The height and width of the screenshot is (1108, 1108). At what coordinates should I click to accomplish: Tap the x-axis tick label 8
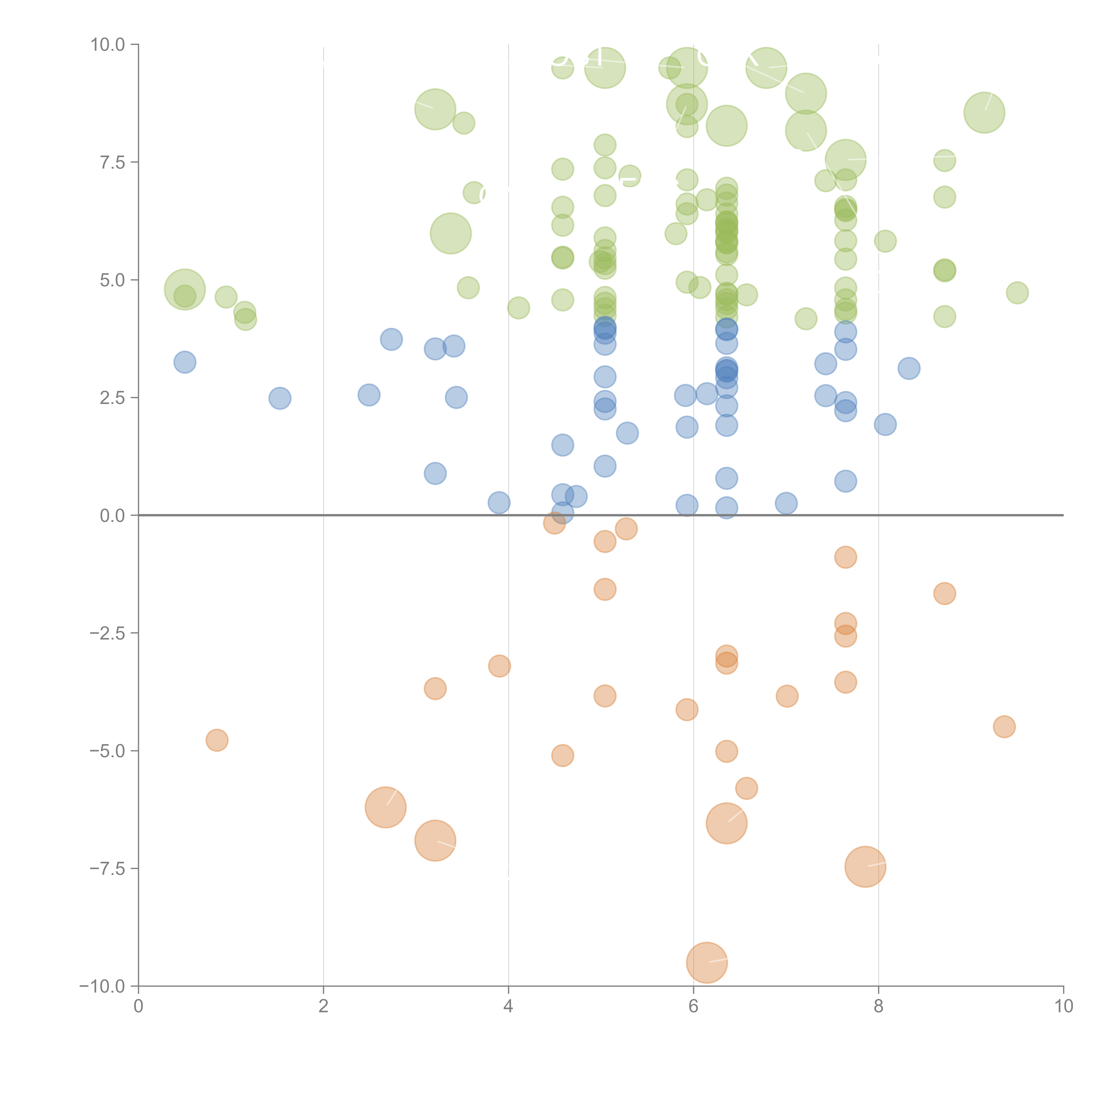pos(879,1007)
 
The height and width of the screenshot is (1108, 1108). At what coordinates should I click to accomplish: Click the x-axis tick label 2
pos(324,1007)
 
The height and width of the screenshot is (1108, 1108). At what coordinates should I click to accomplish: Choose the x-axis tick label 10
pos(1063,1007)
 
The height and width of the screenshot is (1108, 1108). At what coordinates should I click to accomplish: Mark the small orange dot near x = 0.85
pos(217,740)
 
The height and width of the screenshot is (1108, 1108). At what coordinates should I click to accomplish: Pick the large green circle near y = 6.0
pos(451,233)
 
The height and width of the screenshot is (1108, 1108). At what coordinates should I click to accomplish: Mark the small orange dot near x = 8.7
pos(944,594)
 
